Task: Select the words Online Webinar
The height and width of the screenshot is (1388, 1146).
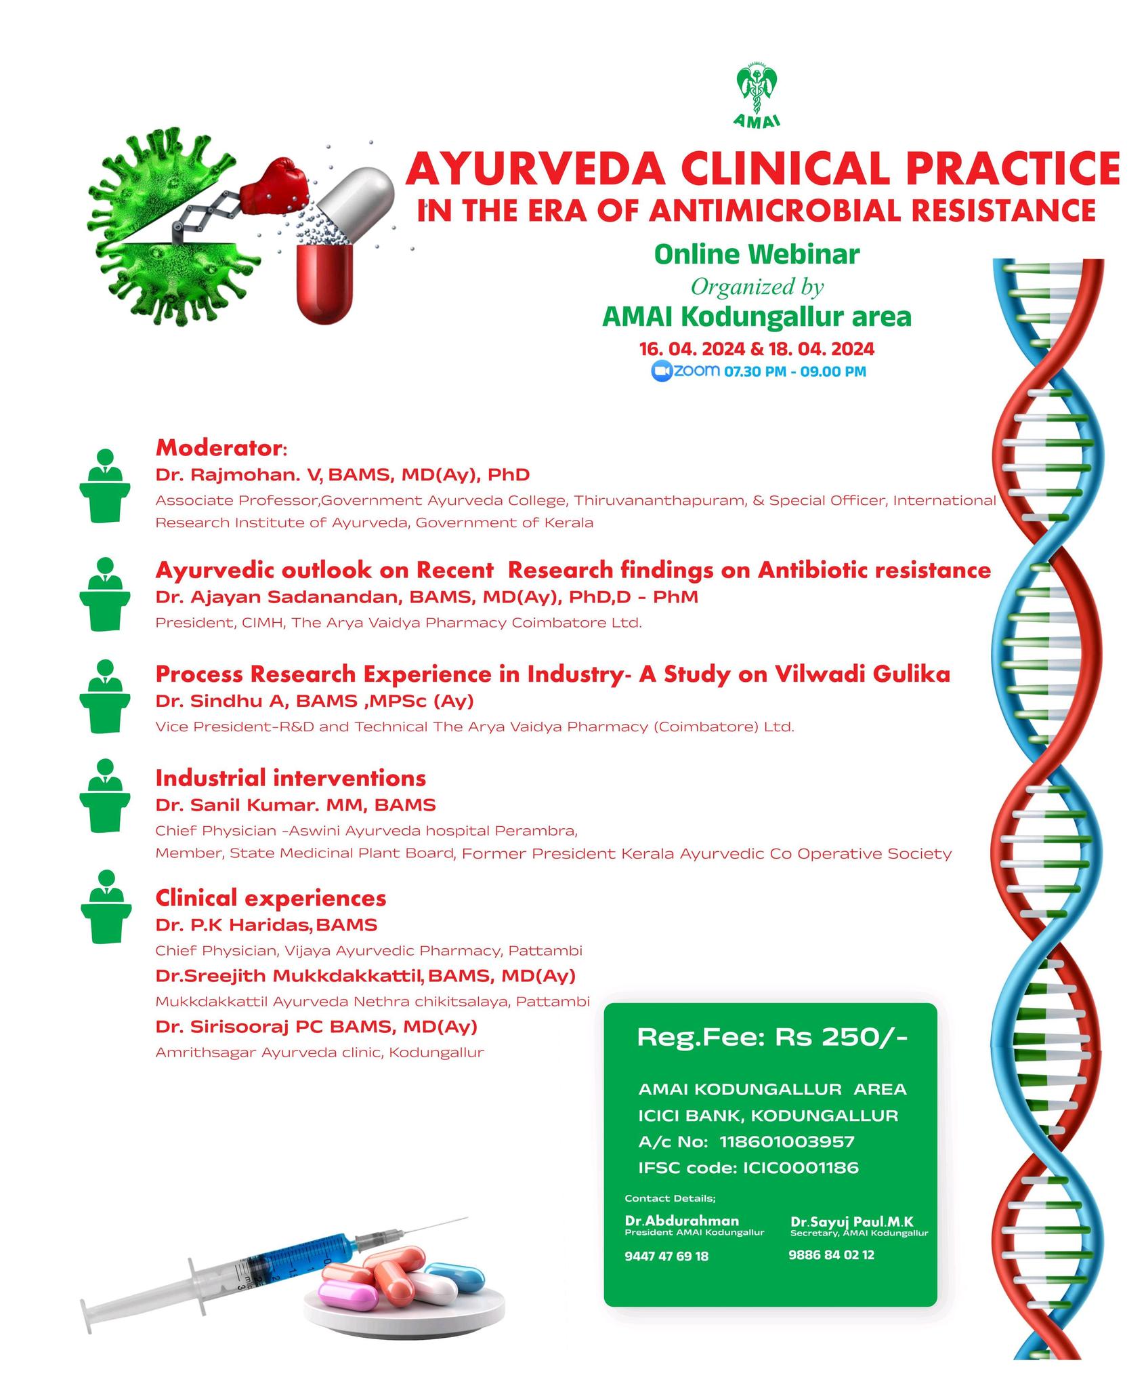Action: coord(757,255)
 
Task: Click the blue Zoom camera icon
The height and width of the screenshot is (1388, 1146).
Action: coord(661,371)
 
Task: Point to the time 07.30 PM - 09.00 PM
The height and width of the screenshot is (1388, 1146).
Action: coord(794,371)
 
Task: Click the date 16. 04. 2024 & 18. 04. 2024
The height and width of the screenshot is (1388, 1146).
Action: coord(757,349)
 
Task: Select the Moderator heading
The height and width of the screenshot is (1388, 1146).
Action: coord(221,448)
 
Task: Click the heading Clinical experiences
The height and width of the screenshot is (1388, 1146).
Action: coord(271,898)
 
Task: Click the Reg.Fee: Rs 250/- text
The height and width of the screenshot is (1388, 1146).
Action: coord(772,1038)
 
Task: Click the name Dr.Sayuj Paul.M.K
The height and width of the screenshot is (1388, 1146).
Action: coord(852,1221)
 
